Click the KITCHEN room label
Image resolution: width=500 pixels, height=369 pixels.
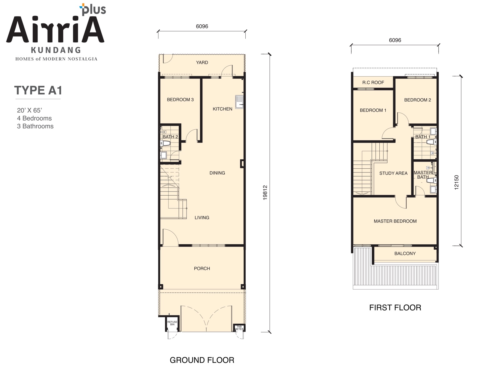tap(222, 109)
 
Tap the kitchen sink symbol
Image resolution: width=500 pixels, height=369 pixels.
tap(239, 102)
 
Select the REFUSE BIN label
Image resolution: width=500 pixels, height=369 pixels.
tap(172, 323)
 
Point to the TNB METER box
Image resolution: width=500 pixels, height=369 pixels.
tap(239, 328)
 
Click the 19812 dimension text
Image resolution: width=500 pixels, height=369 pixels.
tap(265, 193)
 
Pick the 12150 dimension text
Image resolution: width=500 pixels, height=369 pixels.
tap(457, 182)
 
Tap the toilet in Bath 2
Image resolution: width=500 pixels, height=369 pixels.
tap(165, 143)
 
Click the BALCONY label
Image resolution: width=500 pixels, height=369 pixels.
tap(405, 253)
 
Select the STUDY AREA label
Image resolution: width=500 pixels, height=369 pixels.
tap(393, 173)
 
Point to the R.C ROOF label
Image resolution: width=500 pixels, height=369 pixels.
tap(373, 82)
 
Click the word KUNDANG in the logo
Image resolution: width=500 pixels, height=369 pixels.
tap(56, 50)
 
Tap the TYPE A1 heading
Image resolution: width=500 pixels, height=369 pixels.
tap(38, 90)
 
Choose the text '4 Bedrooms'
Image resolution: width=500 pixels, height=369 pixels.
tap(34, 118)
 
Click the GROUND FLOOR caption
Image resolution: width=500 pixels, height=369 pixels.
tap(202, 360)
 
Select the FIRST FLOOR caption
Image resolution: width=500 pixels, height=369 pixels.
tap(395, 307)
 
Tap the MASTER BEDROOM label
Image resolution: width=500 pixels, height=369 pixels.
tap(395, 221)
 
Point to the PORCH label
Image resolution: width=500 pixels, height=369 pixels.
tap(202, 268)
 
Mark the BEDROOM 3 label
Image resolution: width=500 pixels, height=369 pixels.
tap(180, 100)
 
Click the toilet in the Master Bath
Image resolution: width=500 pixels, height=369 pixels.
tap(432, 180)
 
